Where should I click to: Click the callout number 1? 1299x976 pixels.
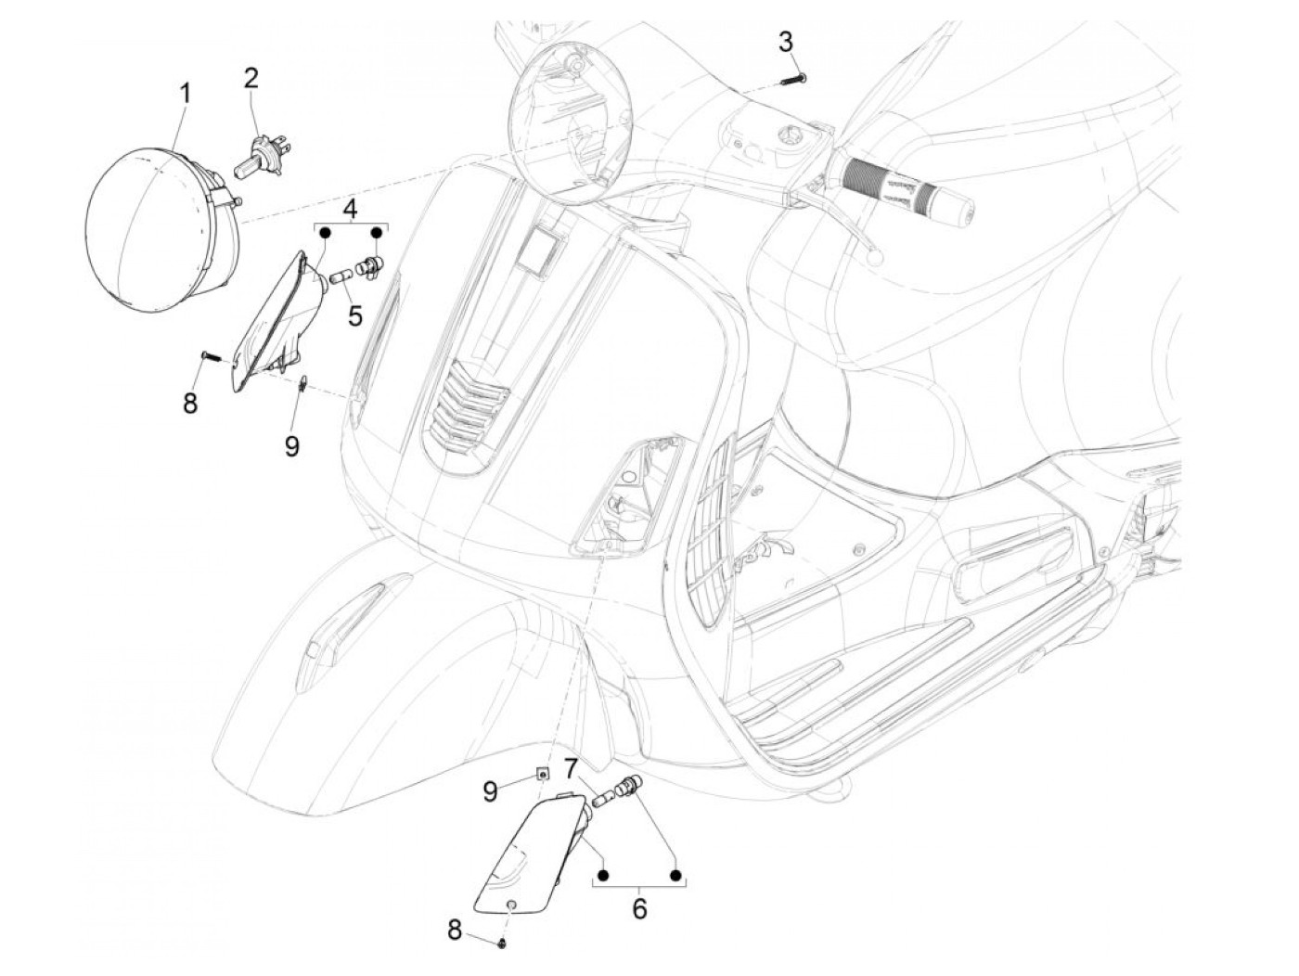point(185,94)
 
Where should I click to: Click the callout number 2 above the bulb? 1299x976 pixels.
point(251,78)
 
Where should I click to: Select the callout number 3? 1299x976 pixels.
point(786,41)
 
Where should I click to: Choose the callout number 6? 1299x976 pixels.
point(639,908)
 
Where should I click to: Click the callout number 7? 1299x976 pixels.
point(571,766)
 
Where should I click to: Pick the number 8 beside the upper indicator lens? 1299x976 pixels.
point(190,404)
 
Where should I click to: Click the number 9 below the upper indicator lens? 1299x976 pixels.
point(292,446)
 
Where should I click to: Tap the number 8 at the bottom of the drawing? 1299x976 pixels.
point(454,929)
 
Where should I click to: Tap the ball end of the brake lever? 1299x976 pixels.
point(874,261)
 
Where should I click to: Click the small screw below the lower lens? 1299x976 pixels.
point(502,943)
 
